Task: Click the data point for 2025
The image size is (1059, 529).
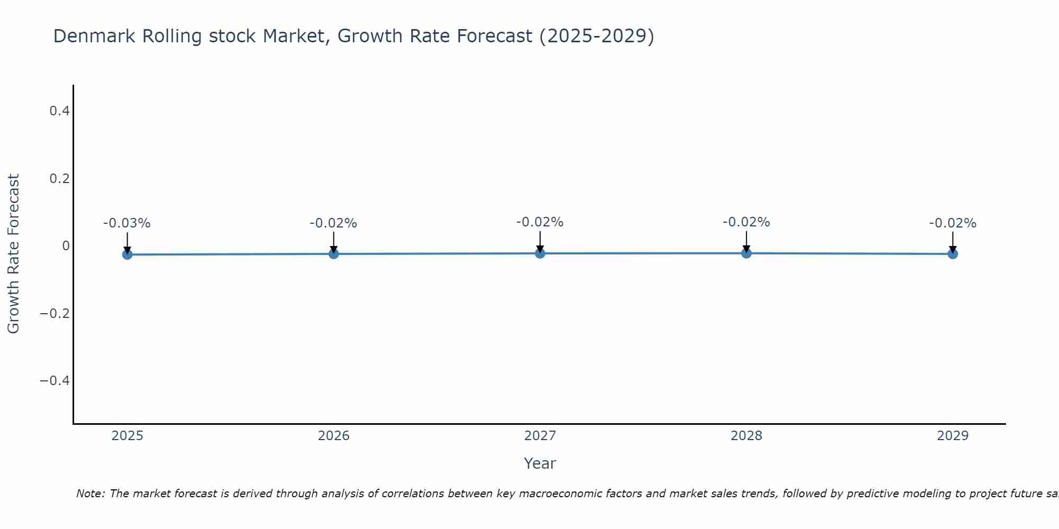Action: tap(127, 254)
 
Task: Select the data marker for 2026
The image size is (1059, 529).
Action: tap(334, 254)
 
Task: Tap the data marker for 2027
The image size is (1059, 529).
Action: tap(540, 253)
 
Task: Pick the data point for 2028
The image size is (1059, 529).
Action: tap(747, 253)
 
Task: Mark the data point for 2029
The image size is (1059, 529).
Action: tap(953, 254)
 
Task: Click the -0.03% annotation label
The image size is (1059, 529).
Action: tap(127, 223)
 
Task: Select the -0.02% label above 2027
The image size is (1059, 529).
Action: tap(540, 222)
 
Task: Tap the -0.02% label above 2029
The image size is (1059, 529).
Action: tap(953, 223)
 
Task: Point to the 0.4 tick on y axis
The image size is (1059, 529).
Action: tap(59, 111)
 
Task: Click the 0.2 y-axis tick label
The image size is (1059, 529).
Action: tap(59, 179)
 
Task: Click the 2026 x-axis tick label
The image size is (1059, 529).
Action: tap(334, 436)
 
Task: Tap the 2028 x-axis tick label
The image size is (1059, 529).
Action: tap(747, 436)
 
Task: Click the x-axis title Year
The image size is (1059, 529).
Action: tap(540, 463)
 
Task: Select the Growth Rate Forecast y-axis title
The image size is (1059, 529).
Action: tap(13, 254)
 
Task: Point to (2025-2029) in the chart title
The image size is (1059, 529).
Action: tap(596, 37)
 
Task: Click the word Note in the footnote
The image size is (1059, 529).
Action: tap(90, 494)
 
